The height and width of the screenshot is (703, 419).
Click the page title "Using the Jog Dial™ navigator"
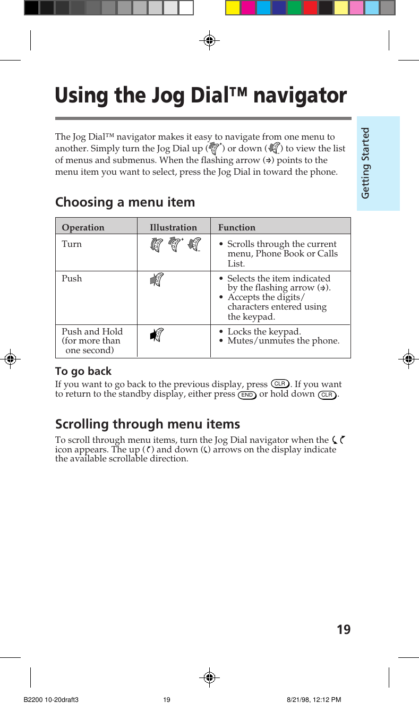(x=201, y=96)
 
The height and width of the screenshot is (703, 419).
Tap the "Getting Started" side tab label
(x=365, y=163)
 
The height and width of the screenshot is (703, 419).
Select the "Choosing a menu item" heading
(x=125, y=202)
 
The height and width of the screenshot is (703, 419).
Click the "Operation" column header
(x=83, y=227)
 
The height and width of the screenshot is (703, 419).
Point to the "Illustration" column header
(x=173, y=227)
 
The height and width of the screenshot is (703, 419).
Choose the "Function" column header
(x=237, y=227)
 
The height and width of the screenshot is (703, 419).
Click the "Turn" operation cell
(x=72, y=244)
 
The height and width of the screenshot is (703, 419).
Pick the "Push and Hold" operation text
(x=92, y=331)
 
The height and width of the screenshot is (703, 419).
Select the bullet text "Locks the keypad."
(x=264, y=331)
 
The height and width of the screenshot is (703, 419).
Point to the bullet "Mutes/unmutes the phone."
(x=284, y=341)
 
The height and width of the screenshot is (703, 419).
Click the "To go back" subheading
(x=83, y=371)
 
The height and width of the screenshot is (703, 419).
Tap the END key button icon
(x=247, y=395)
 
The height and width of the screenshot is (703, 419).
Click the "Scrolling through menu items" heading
(x=148, y=424)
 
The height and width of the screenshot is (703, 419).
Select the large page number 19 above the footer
(x=344, y=630)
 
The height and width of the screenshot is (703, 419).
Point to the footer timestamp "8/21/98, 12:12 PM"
(x=314, y=700)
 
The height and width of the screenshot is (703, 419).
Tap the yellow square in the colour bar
(x=233, y=7)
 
